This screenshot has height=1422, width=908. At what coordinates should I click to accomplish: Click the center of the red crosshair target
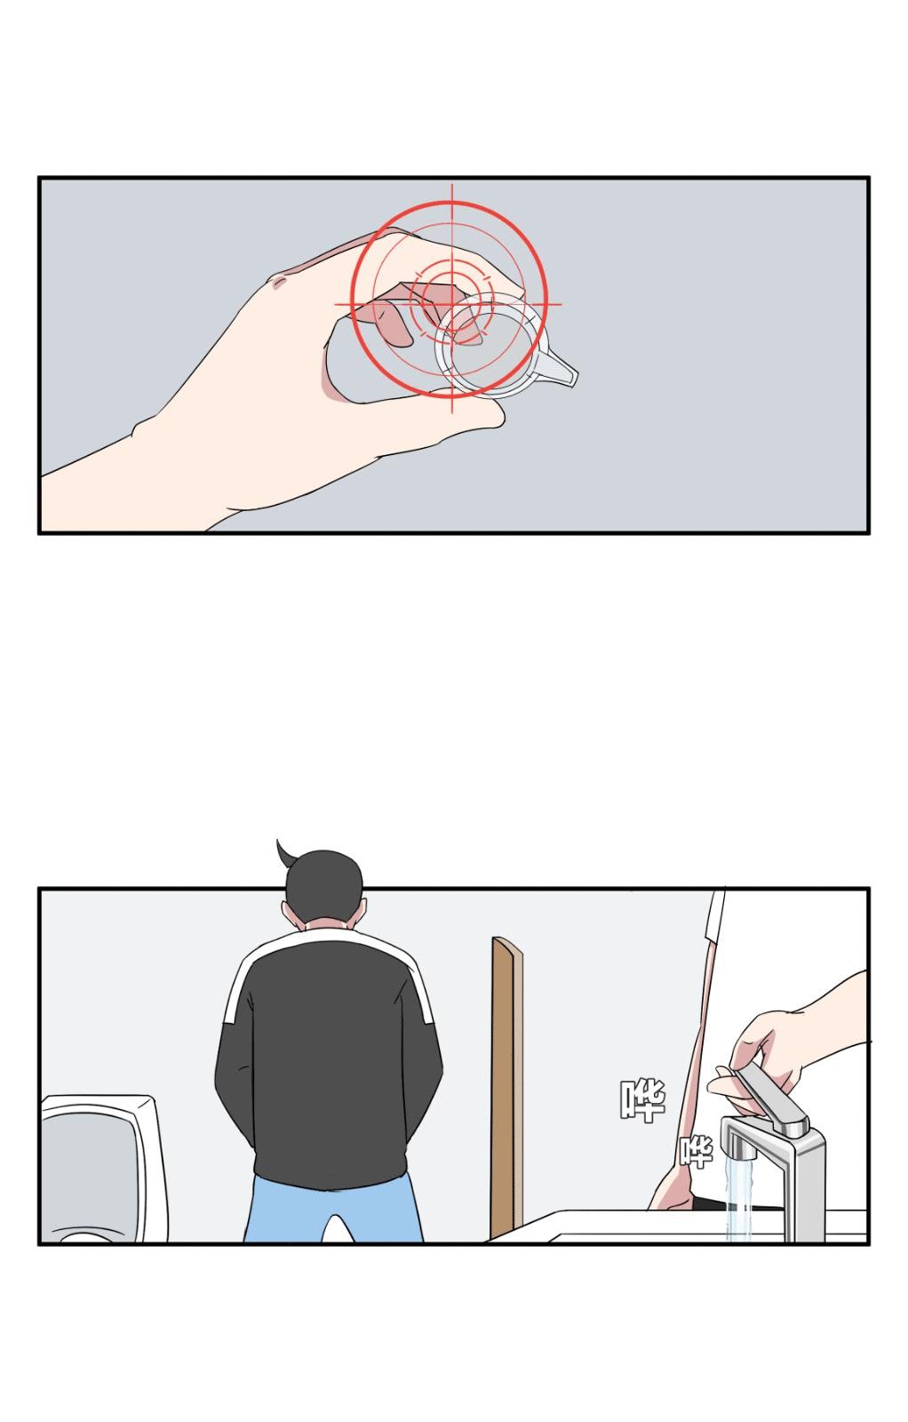452,304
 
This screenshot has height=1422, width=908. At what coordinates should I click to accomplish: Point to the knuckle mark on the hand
279,281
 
